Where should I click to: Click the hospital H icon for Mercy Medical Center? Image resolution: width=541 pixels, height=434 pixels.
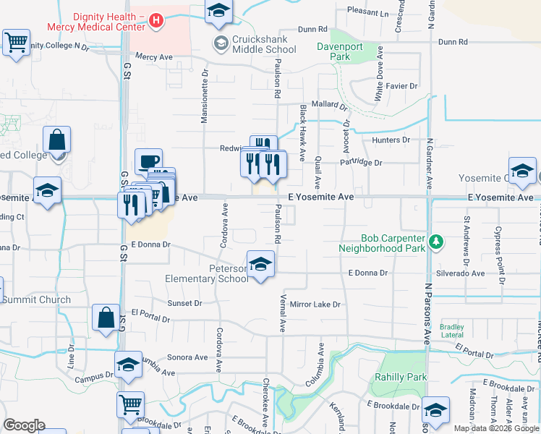click(156, 22)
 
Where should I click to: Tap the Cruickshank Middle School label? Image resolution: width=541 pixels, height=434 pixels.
click(264, 44)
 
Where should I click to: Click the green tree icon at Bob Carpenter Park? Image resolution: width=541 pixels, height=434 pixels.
click(436, 242)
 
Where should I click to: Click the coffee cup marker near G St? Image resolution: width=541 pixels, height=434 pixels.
click(149, 161)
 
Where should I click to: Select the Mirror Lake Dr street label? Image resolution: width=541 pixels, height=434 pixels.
click(315, 305)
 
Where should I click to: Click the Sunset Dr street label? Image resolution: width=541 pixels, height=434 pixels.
click(184, 303)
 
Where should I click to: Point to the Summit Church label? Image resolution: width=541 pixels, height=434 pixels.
click(36, 299)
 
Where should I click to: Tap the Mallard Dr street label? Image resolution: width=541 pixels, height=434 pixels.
click(329, 104)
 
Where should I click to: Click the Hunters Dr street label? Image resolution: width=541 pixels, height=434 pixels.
click(391, 140)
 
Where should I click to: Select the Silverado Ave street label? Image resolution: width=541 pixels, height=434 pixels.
click(460, 273)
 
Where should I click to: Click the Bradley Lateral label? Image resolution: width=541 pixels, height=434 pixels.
click(452, 331)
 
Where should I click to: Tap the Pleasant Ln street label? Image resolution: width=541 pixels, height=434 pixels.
click(367, 12)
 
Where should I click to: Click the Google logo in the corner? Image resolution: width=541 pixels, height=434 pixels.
click(24, 425)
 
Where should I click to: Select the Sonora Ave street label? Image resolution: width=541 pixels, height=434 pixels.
click(187, 357)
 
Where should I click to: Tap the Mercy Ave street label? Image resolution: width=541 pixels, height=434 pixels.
click(153, 56)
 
